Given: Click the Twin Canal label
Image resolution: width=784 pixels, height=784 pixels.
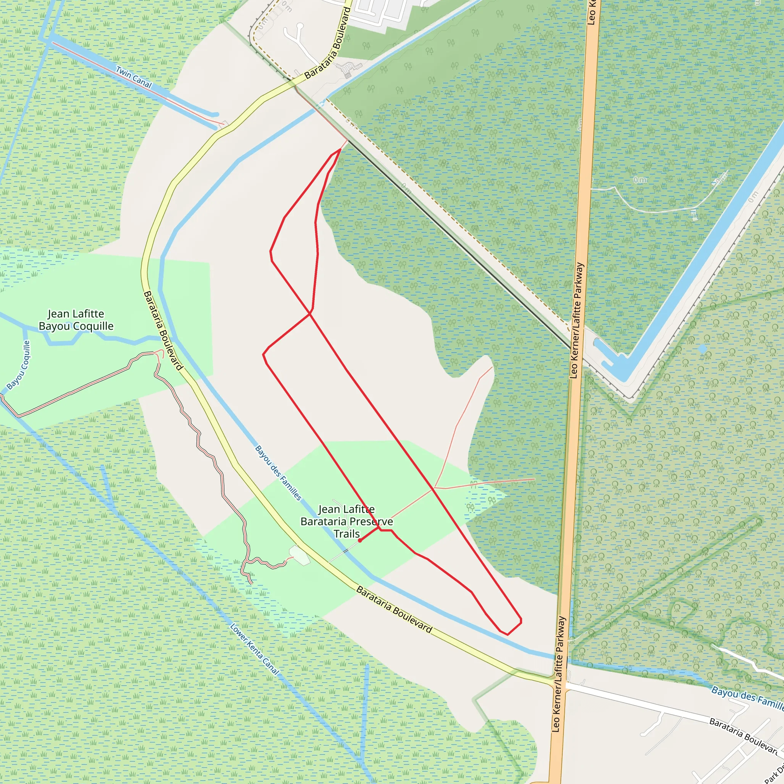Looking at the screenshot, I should point(134,77).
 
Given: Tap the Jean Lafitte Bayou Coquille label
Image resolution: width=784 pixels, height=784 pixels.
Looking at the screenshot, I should point(76,320).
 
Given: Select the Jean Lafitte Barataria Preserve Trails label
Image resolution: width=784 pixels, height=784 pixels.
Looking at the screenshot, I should point(346,521).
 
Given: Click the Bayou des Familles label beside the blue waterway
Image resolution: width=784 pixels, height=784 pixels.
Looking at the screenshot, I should point(278,473).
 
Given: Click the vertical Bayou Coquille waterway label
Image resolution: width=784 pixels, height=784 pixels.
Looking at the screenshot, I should point(19,365).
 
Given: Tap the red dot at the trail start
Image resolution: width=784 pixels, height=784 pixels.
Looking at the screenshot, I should point(360,541).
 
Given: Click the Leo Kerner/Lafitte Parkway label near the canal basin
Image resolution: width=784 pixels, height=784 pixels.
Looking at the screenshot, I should point(577,320).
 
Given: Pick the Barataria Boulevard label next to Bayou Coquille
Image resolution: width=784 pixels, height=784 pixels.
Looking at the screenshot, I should point(163,330).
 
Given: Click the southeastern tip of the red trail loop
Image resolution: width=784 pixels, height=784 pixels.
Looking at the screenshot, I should point(521,621).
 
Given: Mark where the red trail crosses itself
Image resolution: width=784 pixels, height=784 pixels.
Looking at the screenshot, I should point(310,314).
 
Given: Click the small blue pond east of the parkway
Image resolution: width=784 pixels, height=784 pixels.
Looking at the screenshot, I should point(702,349).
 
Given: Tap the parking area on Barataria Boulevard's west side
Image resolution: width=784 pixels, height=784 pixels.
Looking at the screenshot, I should point(299,555).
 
